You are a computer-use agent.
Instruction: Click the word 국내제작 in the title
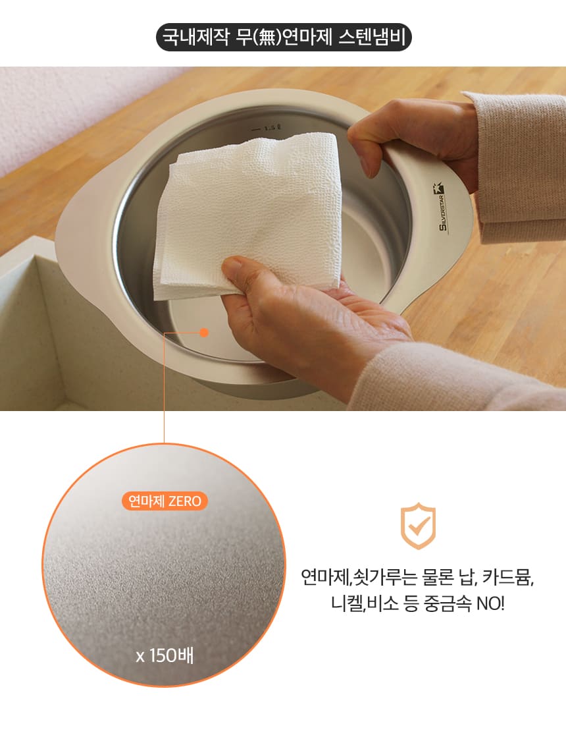(x=196, y=38)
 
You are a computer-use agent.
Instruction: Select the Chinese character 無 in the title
(x=267, y=38)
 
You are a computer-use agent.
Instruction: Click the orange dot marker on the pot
(x=204, y=333)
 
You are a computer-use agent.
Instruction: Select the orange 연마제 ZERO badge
(x=165, y=501)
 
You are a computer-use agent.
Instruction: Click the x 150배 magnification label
(x=165, y=655)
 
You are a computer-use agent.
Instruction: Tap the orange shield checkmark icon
(x=418, y=526)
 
